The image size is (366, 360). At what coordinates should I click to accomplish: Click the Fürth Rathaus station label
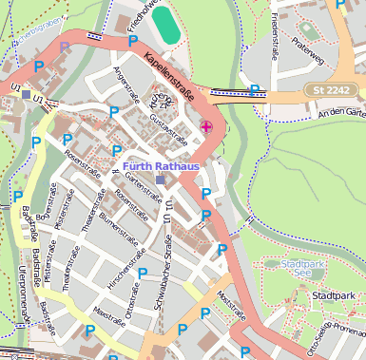pos(161,167)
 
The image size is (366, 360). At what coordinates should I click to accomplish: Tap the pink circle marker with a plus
pos(206,126)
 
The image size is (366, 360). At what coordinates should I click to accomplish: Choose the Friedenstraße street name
pos(276,34)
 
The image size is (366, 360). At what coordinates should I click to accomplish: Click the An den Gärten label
pos(342,112)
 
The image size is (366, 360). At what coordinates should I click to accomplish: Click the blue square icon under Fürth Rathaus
pos(160,180)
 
